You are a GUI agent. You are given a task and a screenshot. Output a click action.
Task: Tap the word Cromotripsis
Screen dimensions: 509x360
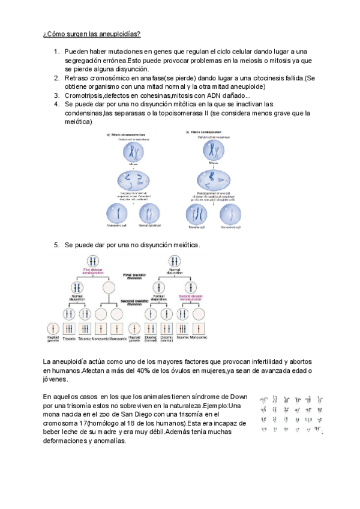point(84,95)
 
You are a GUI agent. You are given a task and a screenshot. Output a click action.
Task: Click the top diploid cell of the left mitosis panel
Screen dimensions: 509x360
point(134,150)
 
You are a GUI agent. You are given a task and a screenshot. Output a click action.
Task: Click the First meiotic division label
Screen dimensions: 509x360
point(134,276)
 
